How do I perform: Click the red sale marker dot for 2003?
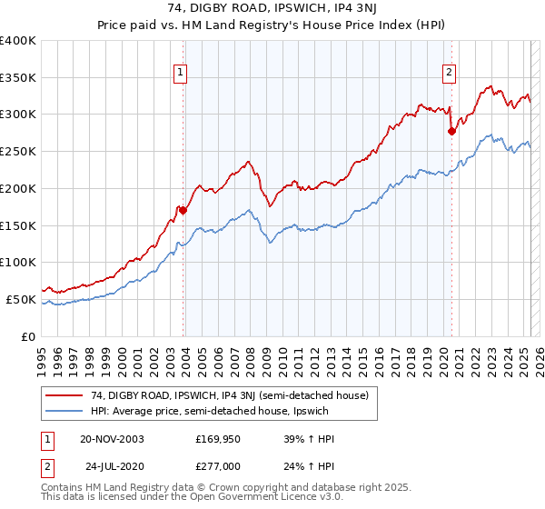183,210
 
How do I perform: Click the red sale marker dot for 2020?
451,131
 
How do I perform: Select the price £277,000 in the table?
219,465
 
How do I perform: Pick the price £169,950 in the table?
219,438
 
